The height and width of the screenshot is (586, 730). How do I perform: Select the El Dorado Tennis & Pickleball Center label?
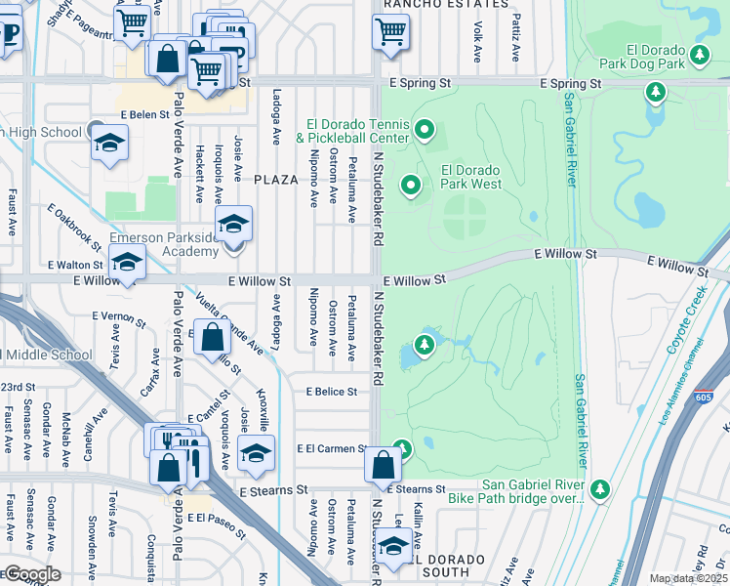[x=356, y=131]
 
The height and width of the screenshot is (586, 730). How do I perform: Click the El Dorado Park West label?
[x=470, y=176]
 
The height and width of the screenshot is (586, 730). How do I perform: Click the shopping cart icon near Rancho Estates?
[x=391, y=31]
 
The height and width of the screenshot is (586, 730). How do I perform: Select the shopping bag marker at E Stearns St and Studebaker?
[x=382, y=466]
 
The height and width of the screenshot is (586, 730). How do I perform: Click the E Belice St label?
[x=331, y=392]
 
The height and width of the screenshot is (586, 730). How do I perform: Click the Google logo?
[x=32, y=574]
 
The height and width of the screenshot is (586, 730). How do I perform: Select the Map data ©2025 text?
[x=688, y=578]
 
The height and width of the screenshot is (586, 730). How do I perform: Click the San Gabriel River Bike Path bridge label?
[x=515, y=491]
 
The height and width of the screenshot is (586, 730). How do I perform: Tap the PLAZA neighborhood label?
[x=275, y=180]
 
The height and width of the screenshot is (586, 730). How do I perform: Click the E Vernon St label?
[x=118, y=316]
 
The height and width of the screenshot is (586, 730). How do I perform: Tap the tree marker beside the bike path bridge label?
[x=600, y=487]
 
